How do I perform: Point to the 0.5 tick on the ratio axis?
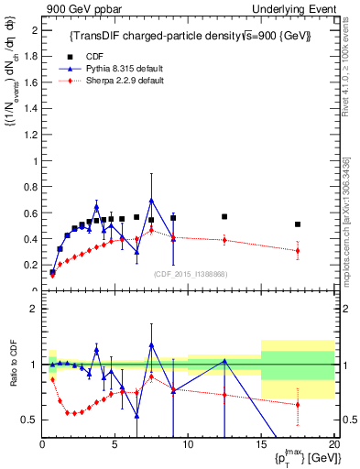pos(29,420)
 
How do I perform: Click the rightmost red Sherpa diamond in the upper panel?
pos(298,250)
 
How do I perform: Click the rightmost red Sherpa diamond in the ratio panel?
pos(298,404)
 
